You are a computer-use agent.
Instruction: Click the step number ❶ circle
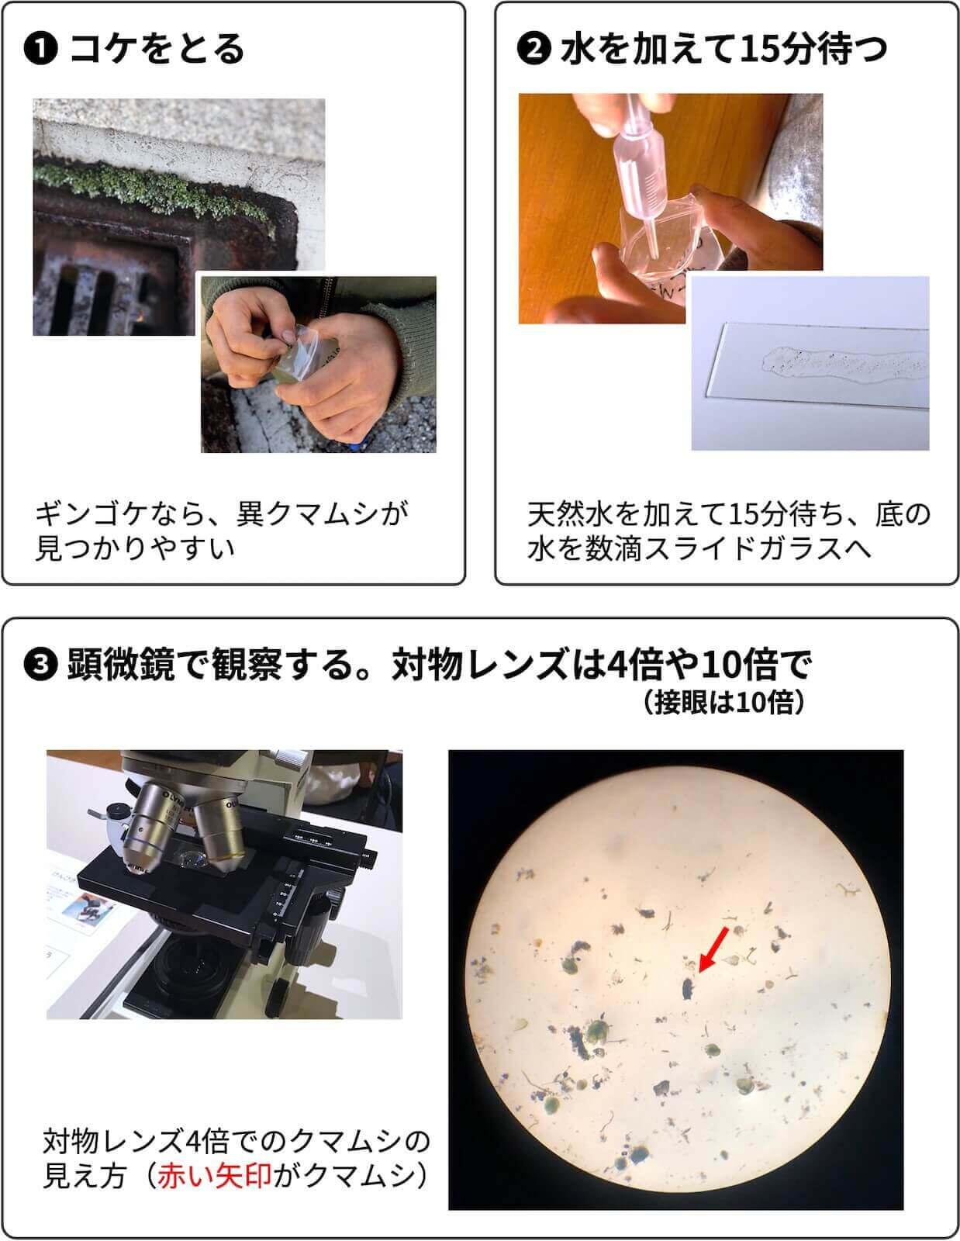(40, 50)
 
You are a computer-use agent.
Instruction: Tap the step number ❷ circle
(533, 50)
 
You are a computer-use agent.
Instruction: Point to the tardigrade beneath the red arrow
(688, 988)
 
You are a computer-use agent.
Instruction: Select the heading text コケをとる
(157, 50)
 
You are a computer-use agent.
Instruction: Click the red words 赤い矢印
(215, 1176)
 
